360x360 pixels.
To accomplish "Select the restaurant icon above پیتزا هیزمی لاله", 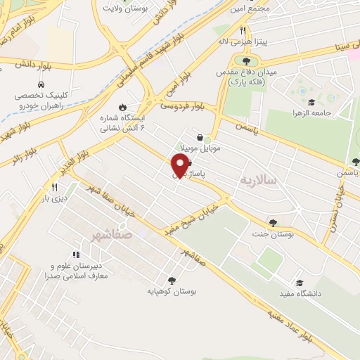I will coord(243,31).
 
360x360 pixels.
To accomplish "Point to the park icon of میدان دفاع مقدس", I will coord(245,62).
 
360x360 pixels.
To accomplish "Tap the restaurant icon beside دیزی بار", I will coord(54,188).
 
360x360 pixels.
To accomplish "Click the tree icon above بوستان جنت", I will coord(273,223).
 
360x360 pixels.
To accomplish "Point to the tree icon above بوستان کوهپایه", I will coord(172,280).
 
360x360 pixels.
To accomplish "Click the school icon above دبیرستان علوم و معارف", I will coord(75,255).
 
